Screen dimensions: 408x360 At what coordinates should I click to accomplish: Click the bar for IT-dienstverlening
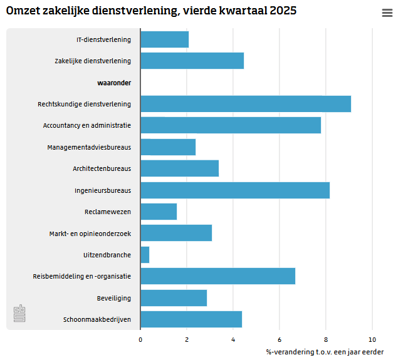164,39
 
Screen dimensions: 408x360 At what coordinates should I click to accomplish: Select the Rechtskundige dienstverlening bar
246,104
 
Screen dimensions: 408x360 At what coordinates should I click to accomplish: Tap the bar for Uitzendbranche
145,255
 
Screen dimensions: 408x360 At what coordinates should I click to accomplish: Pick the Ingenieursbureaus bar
235,190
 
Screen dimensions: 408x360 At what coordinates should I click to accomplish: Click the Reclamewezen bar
159,212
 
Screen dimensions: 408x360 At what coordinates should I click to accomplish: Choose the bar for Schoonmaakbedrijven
191,319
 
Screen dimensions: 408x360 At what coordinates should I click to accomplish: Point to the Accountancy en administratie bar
231,125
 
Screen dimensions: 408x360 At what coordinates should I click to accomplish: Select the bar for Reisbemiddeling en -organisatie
218,276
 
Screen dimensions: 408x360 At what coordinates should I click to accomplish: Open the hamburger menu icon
387,13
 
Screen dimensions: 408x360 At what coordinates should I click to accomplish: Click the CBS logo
19,313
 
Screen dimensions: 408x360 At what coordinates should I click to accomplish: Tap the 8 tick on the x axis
326,340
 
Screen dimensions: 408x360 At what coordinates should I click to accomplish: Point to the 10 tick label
372,340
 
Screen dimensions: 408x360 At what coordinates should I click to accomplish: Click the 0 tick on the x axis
140,340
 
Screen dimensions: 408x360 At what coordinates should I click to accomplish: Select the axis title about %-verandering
325,352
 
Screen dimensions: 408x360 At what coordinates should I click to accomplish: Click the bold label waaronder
114,83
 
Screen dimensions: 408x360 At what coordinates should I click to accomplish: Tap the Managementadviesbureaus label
89,147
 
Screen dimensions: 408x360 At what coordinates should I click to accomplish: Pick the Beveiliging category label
114,298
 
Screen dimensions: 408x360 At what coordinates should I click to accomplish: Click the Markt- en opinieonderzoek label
90,234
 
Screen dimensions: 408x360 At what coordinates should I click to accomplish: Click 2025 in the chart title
283,11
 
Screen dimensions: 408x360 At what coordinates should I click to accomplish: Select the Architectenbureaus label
102,168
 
